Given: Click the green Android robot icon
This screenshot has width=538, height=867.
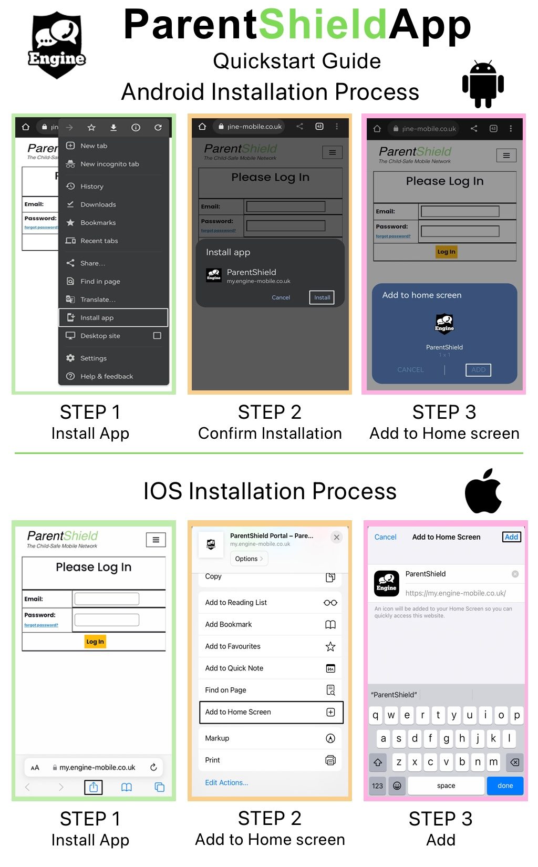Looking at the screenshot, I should tap(483, 84).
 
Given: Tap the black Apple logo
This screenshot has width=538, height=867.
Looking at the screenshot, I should tap(483, 491).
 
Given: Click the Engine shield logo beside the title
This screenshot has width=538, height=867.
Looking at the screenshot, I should tap(56, 45).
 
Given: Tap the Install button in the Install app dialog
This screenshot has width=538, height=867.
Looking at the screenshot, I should tap(322, 297).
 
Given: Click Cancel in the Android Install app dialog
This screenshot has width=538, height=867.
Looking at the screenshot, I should tap(281, 297).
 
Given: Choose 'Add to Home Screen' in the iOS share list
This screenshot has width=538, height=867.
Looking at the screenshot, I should tap(271, 712).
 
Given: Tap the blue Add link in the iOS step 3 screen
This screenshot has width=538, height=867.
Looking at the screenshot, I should tap(511, 537).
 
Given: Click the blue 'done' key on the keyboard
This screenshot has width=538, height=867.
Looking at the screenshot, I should tap(505, 786).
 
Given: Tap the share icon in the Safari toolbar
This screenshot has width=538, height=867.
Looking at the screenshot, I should tap(94, 787).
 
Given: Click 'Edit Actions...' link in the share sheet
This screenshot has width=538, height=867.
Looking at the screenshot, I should tap(226, 782).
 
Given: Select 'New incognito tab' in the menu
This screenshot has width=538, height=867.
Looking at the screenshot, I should tap(109, 164).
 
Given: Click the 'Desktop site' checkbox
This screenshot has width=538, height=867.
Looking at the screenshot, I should tap(157, 336).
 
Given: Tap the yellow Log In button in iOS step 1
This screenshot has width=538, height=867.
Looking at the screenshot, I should tap(95, 642).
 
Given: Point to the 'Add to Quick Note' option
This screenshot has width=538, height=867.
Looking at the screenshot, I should tap(234, 668).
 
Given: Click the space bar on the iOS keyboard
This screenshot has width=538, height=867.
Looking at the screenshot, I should tap(446, 786).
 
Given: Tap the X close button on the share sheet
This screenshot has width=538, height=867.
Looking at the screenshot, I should tap(337, 537).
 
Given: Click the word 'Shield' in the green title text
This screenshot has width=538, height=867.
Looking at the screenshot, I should tap(323, 25).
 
